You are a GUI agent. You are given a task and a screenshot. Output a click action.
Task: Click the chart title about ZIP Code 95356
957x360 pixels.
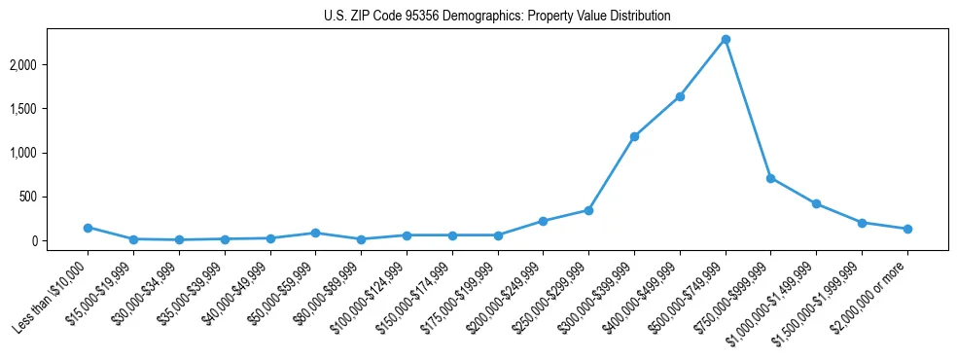[497, 16]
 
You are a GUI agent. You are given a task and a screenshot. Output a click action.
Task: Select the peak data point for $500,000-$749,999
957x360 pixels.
[726, 39]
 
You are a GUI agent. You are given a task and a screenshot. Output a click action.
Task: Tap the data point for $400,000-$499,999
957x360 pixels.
[680, 96]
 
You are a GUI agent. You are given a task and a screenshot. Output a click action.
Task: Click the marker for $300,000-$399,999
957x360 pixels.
[634, 136]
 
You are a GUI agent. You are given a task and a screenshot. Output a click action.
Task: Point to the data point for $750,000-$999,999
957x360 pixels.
[770, 178]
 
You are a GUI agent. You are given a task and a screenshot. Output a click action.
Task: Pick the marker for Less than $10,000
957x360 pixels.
[88, 228]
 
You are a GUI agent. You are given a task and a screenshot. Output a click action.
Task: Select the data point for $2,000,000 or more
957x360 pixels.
[907, 229]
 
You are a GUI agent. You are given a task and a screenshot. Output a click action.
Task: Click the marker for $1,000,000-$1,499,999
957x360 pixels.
[816, 203]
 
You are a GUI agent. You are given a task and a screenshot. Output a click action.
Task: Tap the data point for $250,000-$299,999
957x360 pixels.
[588, 210]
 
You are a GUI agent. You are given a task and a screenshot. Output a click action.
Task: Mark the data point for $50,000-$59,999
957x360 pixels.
[316, 233]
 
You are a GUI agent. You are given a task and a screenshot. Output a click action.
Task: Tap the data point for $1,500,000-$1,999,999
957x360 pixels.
[862, 223]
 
